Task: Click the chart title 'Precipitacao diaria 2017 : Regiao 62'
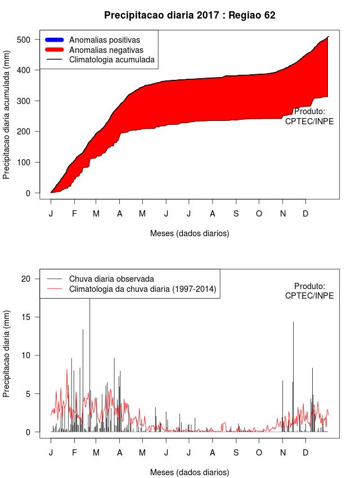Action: point(190,15)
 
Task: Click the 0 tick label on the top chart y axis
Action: point(31,193)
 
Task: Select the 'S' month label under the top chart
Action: point(236,214)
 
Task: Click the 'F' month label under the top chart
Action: point(74,214)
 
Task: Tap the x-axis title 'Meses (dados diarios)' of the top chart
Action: point(190,233)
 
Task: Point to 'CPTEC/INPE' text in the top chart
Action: point(309,121)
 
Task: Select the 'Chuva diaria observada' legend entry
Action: point(111,278)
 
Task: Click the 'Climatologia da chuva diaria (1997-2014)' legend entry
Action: point(143,289)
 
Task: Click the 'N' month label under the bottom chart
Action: point(283,453)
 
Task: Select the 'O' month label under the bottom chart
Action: point(259,453)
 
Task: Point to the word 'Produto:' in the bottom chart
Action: point(309,286)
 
